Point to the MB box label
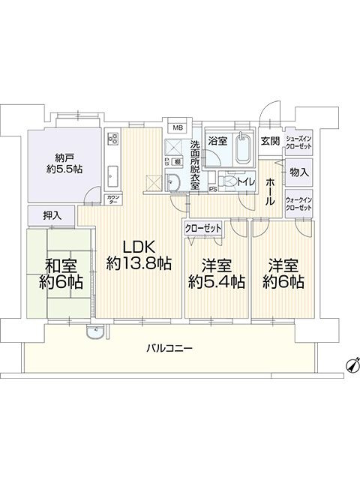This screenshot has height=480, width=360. point(178,127)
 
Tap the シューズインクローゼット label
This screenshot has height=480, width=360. point(298,145)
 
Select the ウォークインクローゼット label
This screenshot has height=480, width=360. point(298,203)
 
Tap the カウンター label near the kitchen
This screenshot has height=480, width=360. point(93,199)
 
